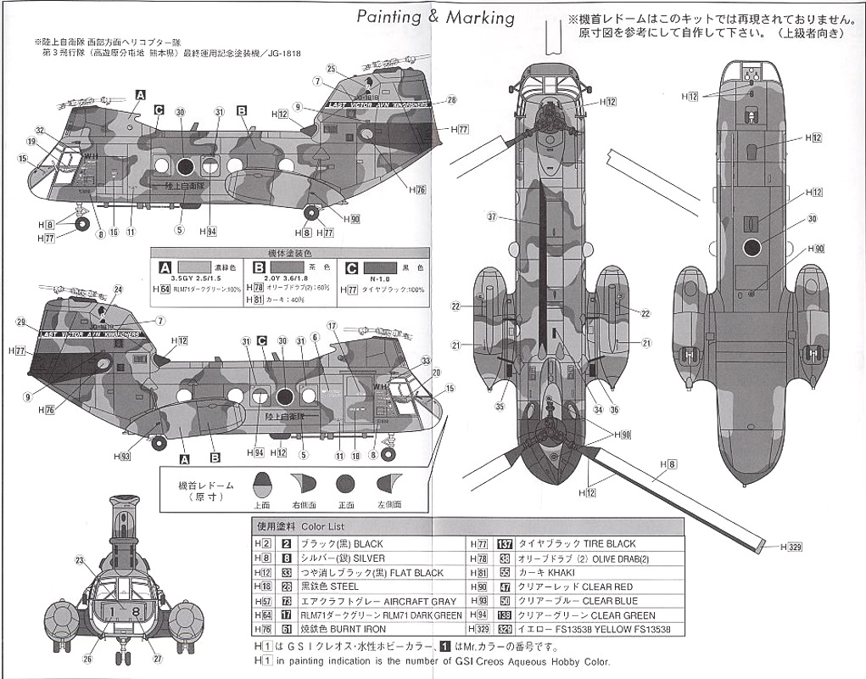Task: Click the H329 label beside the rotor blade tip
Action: click(790, 548)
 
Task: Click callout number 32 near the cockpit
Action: click(40, 131)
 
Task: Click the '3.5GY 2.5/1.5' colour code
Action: click(196, 278)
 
